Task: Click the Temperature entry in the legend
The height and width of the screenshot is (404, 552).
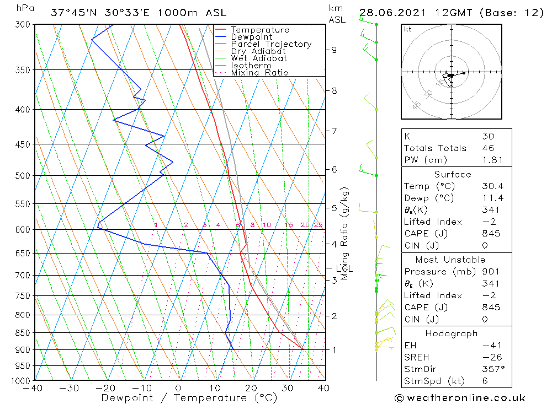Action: click(259, 30)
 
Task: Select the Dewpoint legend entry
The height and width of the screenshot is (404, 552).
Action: click(252, 37)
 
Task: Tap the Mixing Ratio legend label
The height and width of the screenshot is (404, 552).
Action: click(259, 72)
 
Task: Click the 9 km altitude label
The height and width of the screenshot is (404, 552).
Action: click(334, 50)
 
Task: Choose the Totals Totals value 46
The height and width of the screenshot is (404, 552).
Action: click(488, 148)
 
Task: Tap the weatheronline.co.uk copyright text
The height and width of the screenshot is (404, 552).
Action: click(460, 398)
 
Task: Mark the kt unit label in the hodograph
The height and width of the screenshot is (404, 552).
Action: click(408, 29)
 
